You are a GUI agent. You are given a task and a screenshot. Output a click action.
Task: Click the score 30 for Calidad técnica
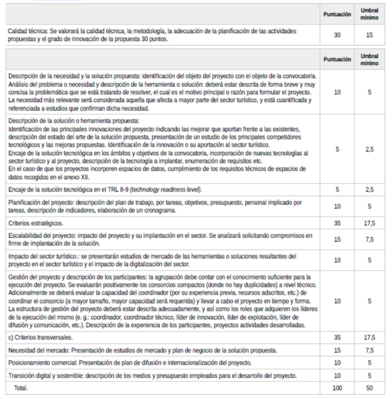pos(337,35)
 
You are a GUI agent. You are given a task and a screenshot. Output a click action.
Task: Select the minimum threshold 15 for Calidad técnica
pos(369,35)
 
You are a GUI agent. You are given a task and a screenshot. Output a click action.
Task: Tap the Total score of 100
pos(337,387)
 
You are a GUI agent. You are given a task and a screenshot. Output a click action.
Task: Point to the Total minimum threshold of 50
pos(369,387)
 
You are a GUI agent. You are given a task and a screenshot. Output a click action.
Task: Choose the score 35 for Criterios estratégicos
pos(337,223)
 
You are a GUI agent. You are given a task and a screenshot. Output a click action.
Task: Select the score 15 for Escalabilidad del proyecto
pos(337,239)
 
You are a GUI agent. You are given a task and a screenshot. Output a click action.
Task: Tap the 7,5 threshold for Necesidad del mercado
pos(369,350)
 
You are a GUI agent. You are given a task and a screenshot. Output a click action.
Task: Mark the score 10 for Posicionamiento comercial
pos(337,363)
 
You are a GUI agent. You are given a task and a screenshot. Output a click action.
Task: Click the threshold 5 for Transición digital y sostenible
pos(369,375)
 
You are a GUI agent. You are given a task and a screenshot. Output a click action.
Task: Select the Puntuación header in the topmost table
pos(337,13)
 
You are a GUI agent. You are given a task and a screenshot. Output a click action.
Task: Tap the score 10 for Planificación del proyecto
pos(337,206)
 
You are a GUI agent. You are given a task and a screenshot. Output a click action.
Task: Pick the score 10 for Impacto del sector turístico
pos(337,260)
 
